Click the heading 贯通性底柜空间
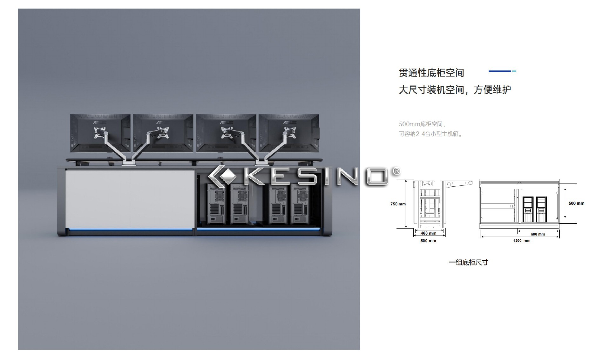tap(431, 73)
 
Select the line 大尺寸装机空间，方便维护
tap(455, 90)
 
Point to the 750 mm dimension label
tap(398, 204)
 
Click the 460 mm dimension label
tap(428, 233)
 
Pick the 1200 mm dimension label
tap(522, 241)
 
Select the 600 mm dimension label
tap(538, 234)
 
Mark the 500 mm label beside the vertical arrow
tap(576, 203)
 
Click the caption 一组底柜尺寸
tap(468, 262)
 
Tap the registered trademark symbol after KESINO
tap(396, 171)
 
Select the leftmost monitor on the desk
tap(100, 133)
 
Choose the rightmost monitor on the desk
tap(289, 133)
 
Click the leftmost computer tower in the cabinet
tap(216, 204)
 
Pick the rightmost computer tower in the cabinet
tap(300, 204)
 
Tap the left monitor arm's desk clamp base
tap(129, 163)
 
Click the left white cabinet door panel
tap(98, 199)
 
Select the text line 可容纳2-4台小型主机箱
tap(430, 134)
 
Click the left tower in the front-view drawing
tap(528, 209)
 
